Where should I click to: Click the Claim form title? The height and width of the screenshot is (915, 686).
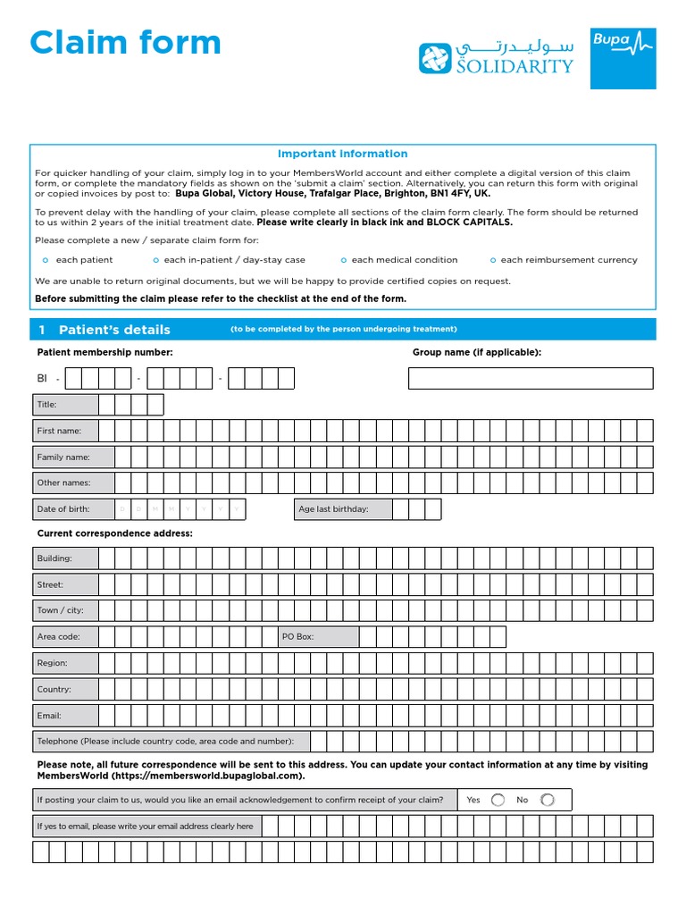125,43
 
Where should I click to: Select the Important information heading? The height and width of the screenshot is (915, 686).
342,154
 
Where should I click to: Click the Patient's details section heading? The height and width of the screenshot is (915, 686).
114,330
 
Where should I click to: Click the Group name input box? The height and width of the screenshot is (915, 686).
531,378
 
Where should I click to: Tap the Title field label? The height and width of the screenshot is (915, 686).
46,405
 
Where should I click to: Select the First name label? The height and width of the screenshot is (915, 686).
59,431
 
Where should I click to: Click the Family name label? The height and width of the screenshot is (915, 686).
63,457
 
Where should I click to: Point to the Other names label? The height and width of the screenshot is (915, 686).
63,483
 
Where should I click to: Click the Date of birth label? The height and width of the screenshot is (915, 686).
63,509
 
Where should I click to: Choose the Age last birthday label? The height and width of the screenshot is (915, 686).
333,509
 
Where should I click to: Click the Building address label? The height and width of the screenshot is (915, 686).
54,558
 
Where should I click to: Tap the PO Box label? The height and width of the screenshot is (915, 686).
298,637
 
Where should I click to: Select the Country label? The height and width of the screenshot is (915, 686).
54,690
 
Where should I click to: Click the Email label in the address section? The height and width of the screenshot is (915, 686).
49,716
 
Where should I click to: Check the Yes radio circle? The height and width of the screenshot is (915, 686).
498,800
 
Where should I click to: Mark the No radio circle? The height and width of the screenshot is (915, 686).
547,800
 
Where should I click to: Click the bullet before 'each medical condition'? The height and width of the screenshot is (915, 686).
344,260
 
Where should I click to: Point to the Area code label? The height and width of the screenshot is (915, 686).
58,637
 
